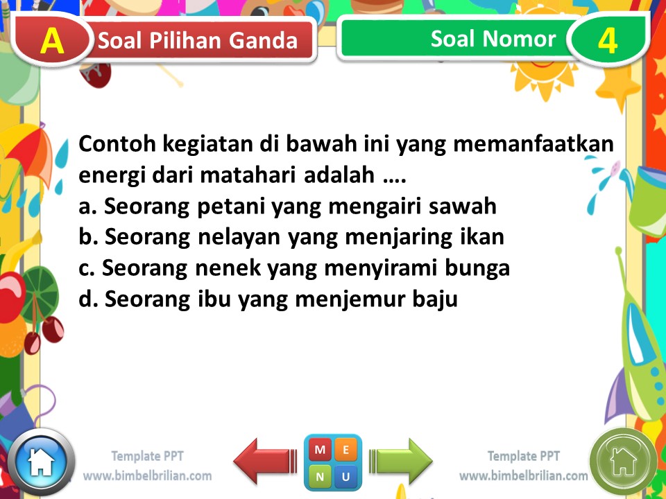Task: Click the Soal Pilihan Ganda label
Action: tap(198, 41)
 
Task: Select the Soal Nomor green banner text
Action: tap(493, 39)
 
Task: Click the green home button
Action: tap(623, 459)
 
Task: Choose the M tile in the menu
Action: tap(320, 450)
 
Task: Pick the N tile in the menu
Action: tap(320, 477)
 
